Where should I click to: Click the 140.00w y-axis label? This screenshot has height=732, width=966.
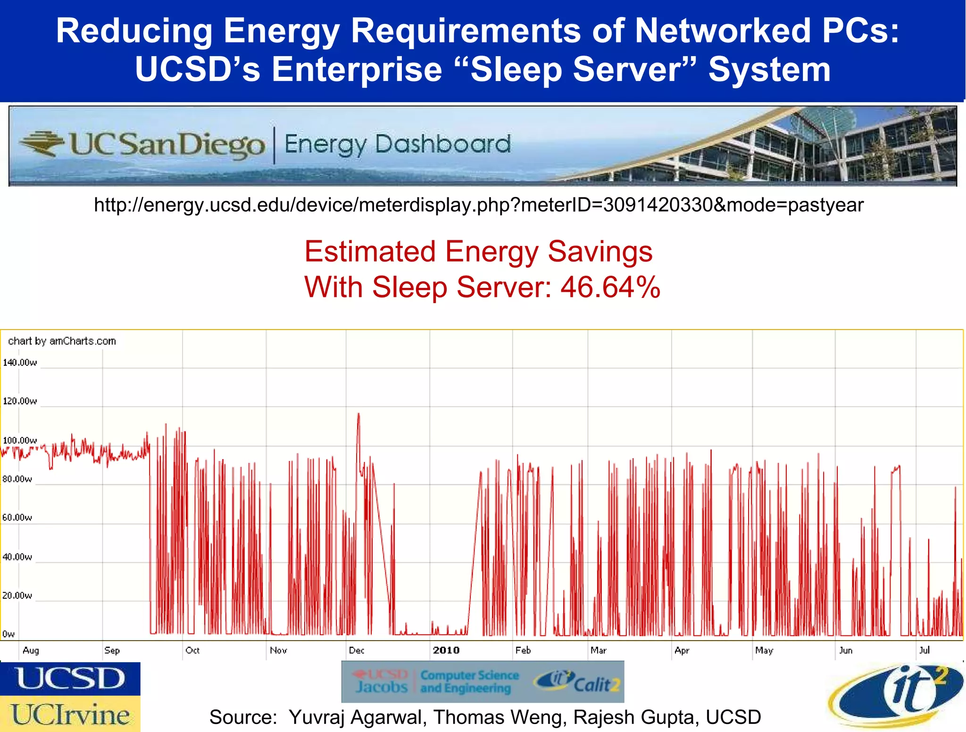click(20, 362)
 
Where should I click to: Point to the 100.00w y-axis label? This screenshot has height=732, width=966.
click(20, 440)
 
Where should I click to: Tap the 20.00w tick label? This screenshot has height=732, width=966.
click(17, 595)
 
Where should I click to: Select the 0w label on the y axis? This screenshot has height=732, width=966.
click(8, 634)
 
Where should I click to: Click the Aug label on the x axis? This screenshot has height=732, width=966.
click(31, 650)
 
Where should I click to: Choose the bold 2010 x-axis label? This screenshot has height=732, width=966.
click(446, 650)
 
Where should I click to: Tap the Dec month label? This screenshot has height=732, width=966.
click(357, 650)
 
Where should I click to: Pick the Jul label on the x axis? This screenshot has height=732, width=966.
click(924, 650)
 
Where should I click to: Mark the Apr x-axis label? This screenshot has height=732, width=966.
click(682, 650)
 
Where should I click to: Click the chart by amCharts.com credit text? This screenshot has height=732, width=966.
click(62, 341)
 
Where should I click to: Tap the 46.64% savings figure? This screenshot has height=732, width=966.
click(610, 287)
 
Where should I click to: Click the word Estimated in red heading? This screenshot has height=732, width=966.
click(370, 251)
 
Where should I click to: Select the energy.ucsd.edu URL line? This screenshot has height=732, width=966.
click(479, 205)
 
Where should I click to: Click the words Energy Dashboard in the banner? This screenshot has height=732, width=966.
click(398, 144)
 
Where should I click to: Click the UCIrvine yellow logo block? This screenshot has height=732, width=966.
click(70, 714)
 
